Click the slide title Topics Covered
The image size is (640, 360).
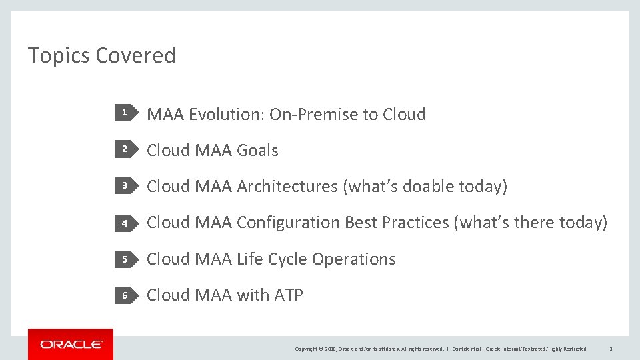click(101, 55)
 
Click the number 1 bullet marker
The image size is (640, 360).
click(124, 114)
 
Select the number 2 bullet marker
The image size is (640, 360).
click(124, 150)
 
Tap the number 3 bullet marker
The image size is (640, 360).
click(124, 187)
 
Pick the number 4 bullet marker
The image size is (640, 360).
click(124, 223)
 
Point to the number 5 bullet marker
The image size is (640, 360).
click(124, 259)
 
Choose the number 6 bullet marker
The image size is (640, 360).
click(124, 295)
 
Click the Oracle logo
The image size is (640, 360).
click(71, 344)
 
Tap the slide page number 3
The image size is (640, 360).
click(611, 349)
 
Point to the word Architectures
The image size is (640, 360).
click(287, 187)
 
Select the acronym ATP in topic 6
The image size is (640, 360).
click(289, 295)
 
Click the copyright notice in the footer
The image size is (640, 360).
click(369, 349)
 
